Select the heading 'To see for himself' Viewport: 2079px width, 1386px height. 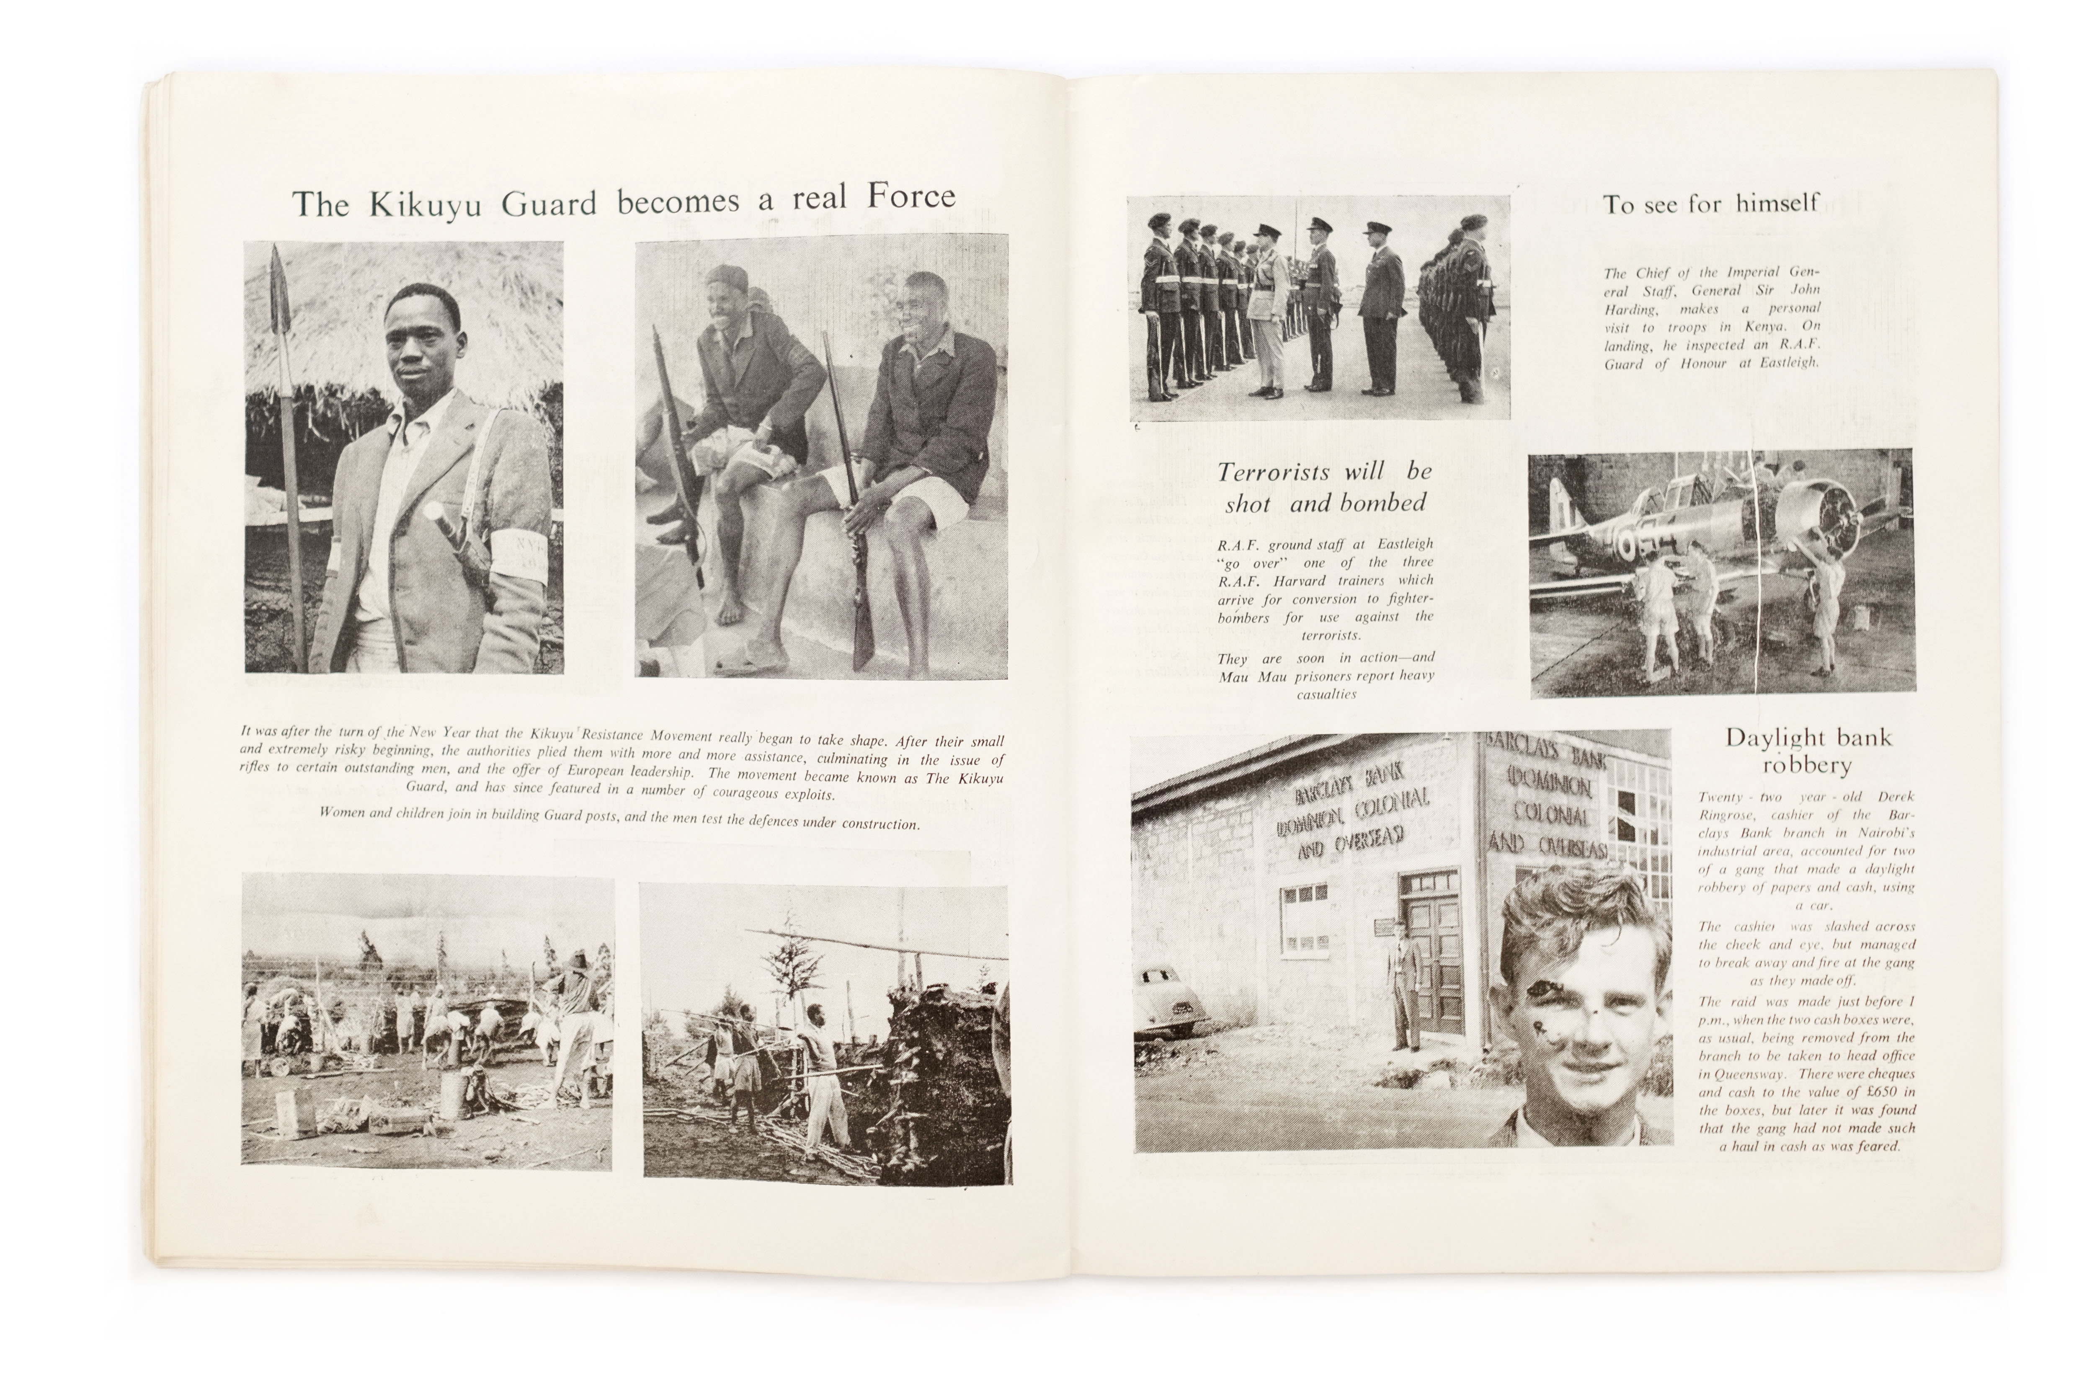pos(1710,204)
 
